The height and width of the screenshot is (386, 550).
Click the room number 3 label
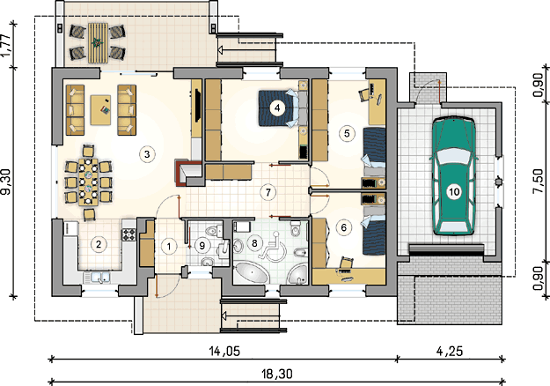[147, 154]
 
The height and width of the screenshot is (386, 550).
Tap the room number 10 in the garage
[454, 192]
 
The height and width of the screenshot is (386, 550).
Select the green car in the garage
[454, 176]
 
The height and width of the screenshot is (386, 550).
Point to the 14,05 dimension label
[224, 351]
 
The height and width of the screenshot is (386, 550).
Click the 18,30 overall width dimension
[276, 374]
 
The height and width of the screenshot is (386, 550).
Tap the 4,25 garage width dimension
[450, 351]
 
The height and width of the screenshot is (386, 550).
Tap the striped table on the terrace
[97, 43]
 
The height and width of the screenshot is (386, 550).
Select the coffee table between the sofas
[100, 110]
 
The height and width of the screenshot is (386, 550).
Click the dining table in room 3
[88, 182]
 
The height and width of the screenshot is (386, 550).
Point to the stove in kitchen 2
[128, 234]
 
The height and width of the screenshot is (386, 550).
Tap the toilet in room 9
[211, 232]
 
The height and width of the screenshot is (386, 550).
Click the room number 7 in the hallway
[268, 192]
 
